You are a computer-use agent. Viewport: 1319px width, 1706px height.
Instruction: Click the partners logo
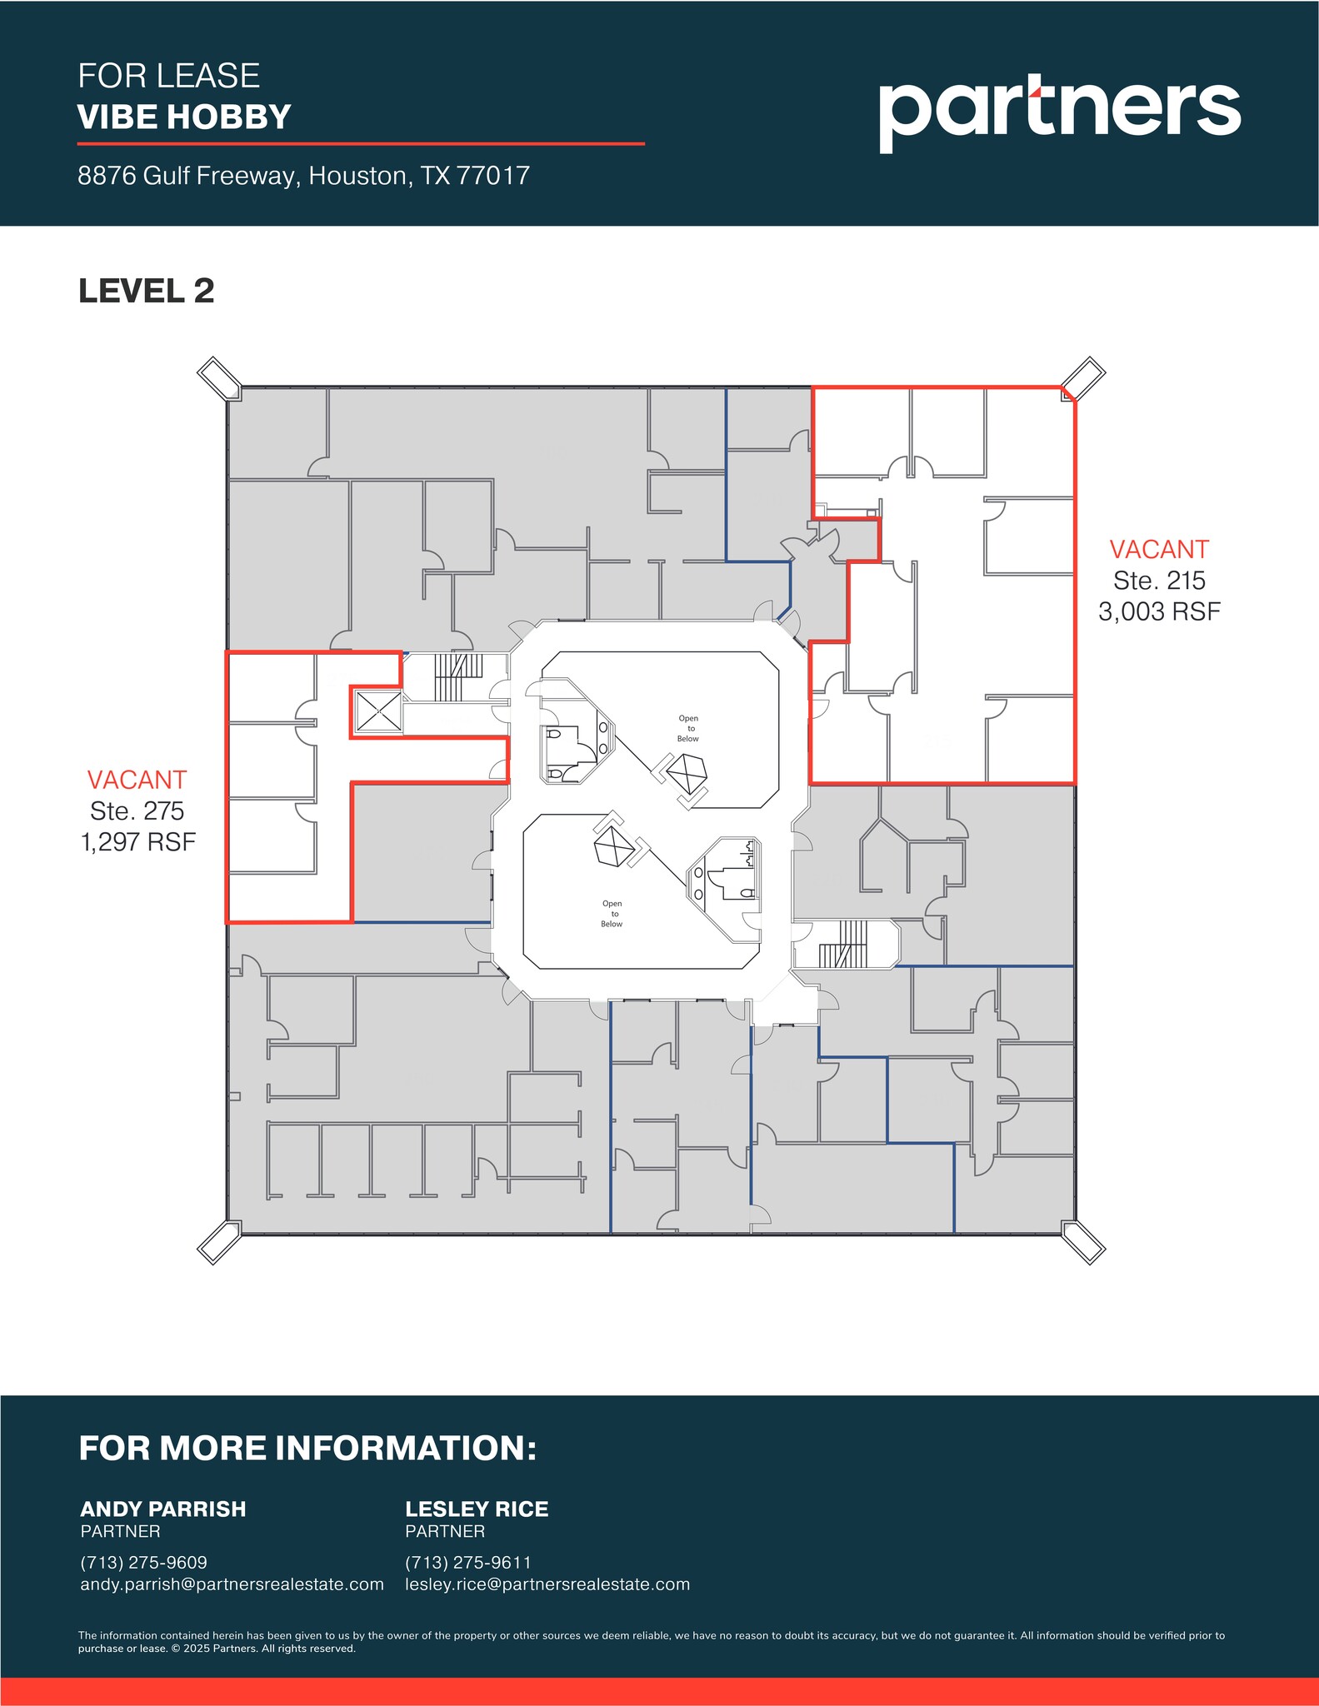point(1059,111)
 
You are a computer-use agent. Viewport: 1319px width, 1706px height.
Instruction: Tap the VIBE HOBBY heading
point(184,117)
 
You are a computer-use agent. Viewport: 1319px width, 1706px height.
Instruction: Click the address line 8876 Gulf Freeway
point(303,176)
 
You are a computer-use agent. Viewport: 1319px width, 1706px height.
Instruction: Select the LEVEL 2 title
point(147,291)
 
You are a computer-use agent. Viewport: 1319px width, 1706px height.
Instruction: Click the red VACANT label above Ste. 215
point(1158,550)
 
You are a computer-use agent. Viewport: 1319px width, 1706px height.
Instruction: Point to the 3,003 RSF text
point(1158,611)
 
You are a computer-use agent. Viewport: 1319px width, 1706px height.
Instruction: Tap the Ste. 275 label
point(137,811)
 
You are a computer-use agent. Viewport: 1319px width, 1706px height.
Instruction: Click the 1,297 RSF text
point(138,841)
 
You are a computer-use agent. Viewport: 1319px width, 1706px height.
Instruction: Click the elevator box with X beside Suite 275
point(378,711)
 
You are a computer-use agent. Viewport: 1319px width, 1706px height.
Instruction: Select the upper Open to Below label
point(688,728)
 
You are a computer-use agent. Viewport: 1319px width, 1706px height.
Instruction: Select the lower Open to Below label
point(612,913)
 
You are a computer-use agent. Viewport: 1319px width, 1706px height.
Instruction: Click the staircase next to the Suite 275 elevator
point(457,676)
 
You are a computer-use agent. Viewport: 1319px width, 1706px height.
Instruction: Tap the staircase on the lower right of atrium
point(844,945)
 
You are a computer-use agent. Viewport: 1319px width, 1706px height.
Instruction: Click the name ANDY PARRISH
point(163,1509)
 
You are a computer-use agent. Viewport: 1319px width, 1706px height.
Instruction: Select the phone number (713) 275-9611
point(468,1562)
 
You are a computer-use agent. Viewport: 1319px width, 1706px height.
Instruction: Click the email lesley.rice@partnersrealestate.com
point(547,1584)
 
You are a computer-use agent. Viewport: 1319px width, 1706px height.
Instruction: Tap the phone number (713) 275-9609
point(144,1562)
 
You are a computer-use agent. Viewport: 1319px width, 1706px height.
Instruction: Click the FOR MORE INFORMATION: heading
point(307,1448)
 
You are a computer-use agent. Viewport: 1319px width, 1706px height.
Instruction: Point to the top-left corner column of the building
point(219,378)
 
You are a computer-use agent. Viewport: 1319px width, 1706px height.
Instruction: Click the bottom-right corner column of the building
point(1083,1243)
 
